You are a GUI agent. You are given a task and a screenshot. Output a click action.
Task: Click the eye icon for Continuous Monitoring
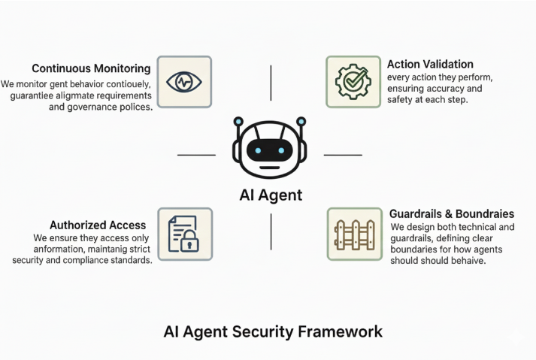tap(184, 82)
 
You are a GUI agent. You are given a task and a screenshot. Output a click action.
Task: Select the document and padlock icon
tap(184, 234)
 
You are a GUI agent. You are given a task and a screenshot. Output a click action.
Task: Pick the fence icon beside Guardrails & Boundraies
tap(353, 234)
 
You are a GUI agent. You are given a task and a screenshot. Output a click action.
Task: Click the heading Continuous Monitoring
tap(91, 67)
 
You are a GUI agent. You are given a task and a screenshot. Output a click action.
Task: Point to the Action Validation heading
tap(430, 64)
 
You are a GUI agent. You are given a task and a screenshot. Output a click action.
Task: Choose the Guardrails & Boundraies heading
tap(451, 213)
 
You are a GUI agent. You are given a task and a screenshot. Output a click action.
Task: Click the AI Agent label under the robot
tap(270, 195)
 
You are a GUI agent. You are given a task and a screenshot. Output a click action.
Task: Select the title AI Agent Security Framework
tap(273, 331)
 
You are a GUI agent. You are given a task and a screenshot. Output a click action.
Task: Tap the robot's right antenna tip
tap(301, 121)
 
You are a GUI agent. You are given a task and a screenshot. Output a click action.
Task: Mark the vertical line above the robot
tap(270, 82)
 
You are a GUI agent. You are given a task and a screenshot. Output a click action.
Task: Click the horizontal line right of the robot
tap(343, 155)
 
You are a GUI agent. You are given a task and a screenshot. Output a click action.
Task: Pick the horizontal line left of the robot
tap(196, 155)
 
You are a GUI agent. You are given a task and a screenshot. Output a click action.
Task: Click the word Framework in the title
tap(344, 331)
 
